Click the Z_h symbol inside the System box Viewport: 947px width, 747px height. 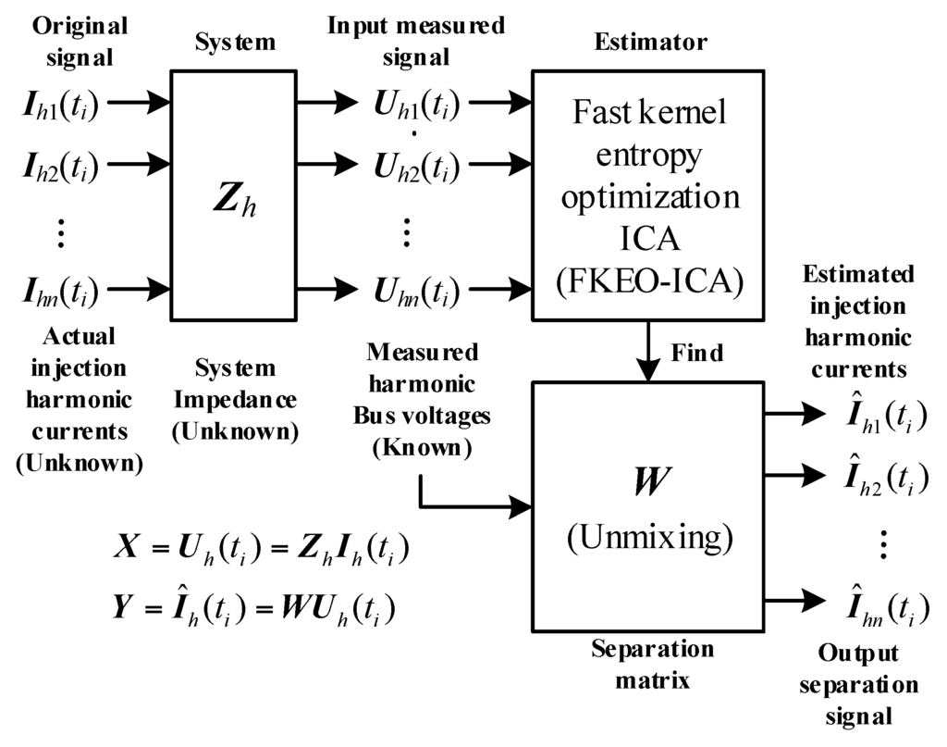click(234, 202)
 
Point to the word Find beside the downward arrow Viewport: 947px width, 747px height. click(697, 353)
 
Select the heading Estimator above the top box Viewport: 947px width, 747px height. click(650, 42)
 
